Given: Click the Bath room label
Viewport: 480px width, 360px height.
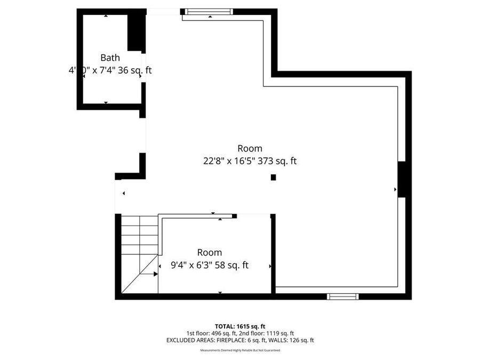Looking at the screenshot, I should [110, 58].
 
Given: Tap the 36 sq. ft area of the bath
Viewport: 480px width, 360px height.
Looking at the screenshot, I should [135, 70].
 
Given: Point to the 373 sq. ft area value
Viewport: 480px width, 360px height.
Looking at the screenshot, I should [277, 161].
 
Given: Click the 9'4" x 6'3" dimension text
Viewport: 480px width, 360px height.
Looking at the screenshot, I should [185, 265].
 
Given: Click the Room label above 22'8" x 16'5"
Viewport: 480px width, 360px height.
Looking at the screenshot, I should [250, 148].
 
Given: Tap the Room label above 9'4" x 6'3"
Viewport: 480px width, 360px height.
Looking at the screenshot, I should [210, 252].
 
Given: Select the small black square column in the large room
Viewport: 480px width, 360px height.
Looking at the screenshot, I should [273, 177].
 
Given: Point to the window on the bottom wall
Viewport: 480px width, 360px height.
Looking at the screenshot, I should [343, 297].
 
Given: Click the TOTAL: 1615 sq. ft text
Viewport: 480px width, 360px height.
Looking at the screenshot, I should [239, 325].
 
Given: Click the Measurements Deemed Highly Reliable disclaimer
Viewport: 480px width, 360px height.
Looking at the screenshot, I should [239, 350].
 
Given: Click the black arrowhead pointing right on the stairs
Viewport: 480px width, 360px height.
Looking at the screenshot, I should [155, 274].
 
